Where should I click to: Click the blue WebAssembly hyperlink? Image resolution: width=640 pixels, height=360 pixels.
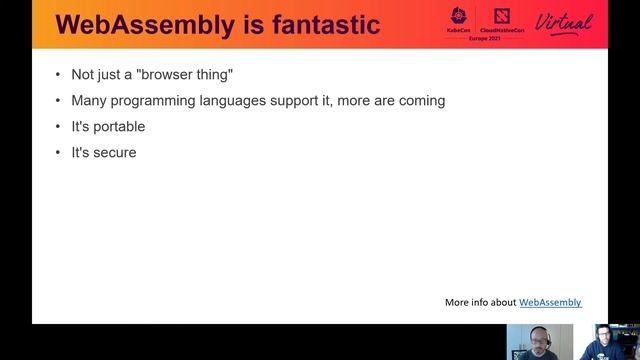point(550,302)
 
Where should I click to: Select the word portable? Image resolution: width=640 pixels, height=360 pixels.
point(118,127)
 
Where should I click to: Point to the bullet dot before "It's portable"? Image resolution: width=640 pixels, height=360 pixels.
point(58,127)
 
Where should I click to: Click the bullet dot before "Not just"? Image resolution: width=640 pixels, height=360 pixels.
point(58,75)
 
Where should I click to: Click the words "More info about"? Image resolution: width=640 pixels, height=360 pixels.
point(480,302)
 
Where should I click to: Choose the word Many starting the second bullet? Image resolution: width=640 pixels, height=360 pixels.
point(88,101)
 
